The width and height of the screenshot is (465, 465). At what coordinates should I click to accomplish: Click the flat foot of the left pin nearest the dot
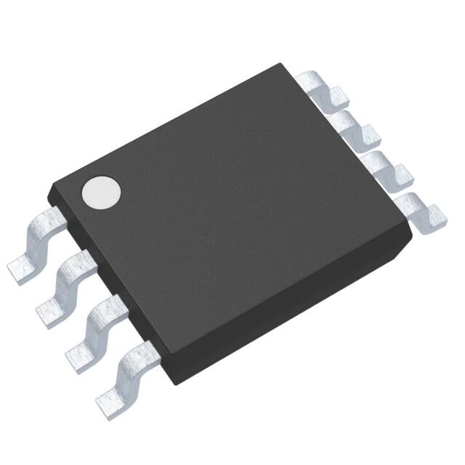pos(22,269)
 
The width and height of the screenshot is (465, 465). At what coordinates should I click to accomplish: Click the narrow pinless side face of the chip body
pos(291,320)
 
